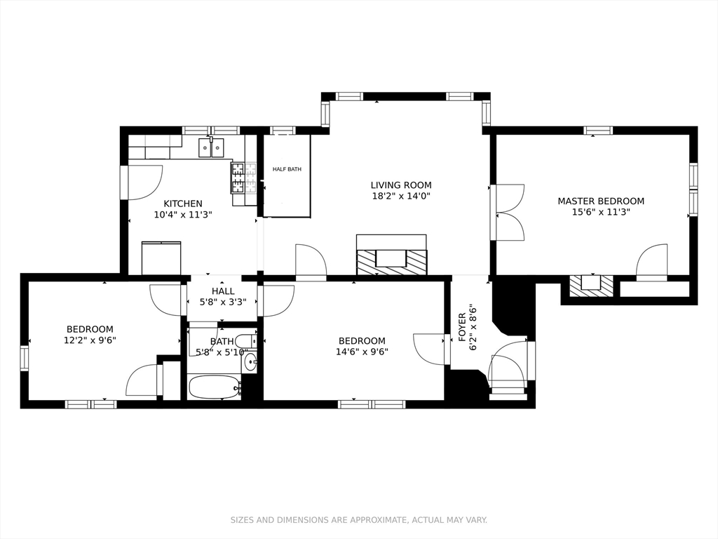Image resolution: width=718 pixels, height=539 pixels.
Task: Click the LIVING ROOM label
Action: (x=400, y=185)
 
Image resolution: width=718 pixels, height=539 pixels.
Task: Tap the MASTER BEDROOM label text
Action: (x=601, y=201)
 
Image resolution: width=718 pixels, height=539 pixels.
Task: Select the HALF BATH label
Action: (x=287, y=169)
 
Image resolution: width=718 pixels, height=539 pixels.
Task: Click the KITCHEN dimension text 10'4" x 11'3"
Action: (x=183, y=215)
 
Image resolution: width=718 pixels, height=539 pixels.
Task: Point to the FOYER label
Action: (x=462, y=327)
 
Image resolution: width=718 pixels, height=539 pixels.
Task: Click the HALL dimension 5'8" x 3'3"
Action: (x=223, y=302)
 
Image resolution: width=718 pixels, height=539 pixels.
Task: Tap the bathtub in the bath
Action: (x=215, y=388)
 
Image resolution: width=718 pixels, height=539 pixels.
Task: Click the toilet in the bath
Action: (x=248, y=341)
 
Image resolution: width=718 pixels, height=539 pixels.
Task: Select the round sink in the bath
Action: (x=250, y=362)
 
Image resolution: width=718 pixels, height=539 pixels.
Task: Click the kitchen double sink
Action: (x=212, y=147)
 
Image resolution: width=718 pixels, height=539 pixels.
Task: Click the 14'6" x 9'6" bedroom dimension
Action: (x=362, y=352)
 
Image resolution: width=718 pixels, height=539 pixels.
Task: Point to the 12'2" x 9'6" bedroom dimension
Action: (x=90, y=340)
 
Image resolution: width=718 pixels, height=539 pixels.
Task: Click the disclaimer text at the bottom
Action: (x=358, y=520)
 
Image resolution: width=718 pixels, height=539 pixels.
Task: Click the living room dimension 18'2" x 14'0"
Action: (x=400, y=197)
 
